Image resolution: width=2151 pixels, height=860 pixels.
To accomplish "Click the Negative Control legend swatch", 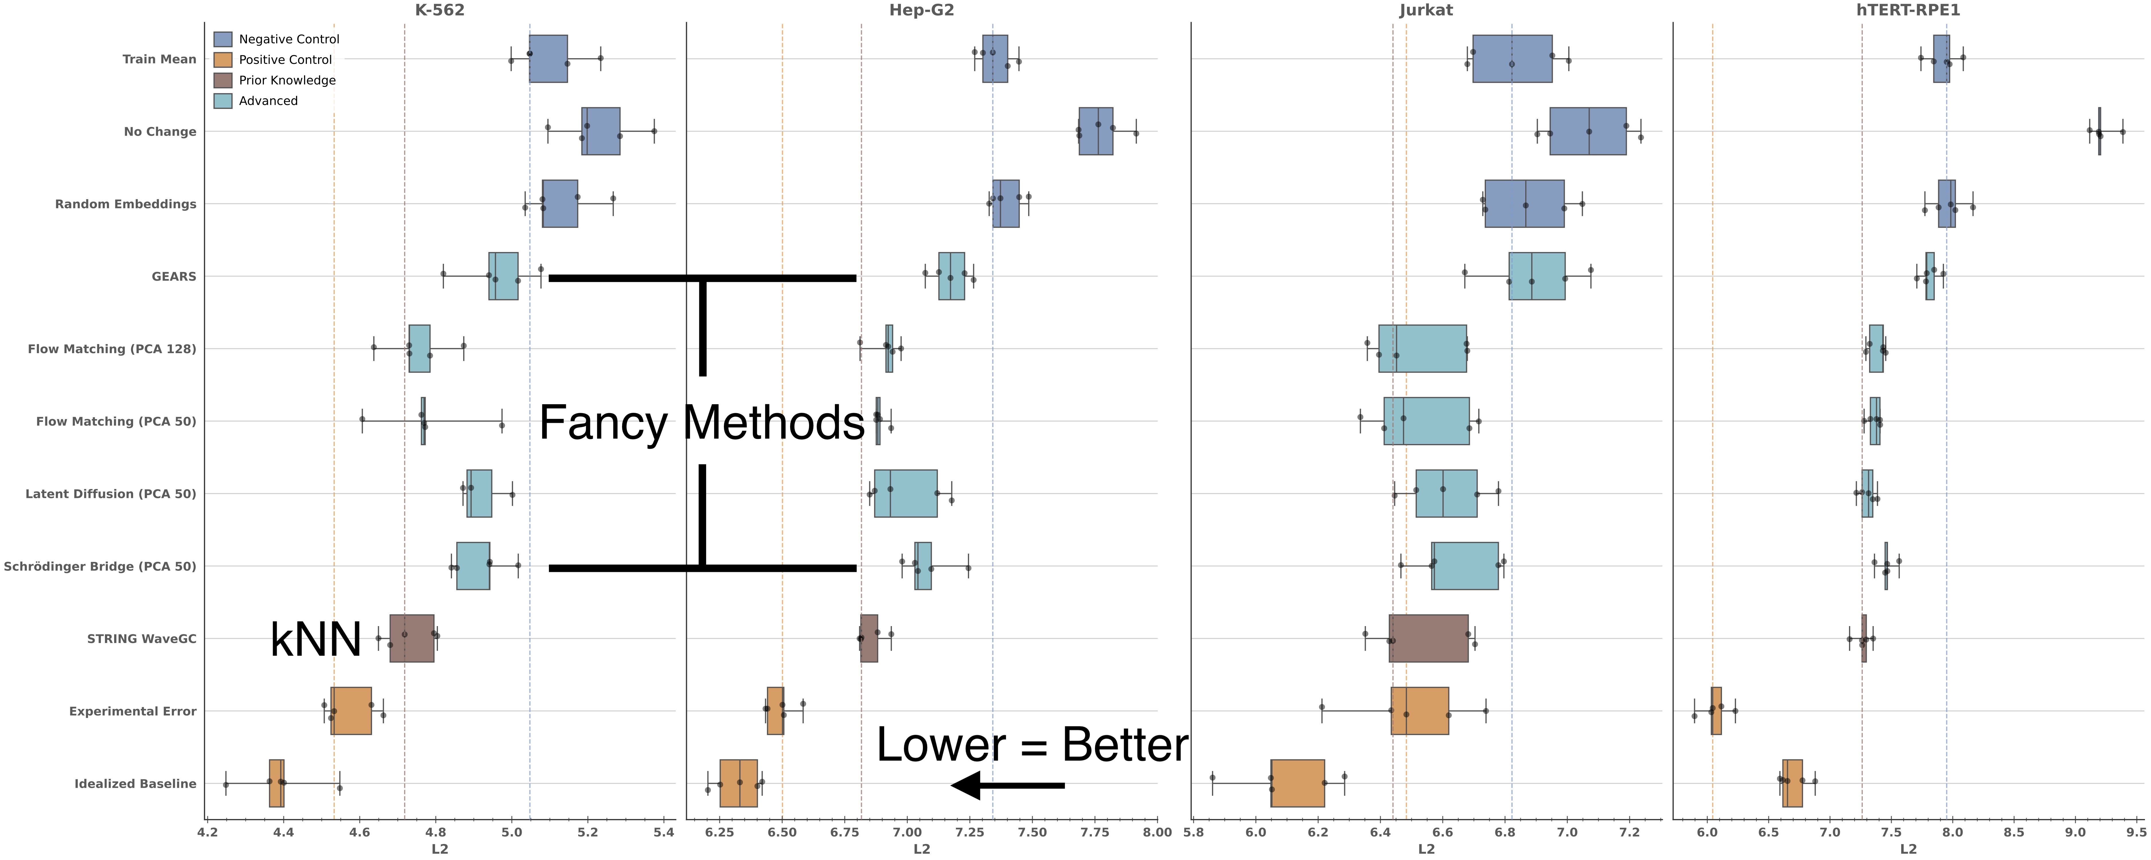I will pyautogui.click(x=222, y=39).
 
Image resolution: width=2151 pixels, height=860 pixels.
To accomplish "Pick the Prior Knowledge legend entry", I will pyautogui.click(x=287, y=80).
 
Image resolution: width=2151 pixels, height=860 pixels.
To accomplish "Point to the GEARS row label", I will pyautogui.click(x=174, y=276).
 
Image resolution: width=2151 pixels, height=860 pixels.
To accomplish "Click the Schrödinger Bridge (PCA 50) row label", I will pyautogui.click(x=100, y=566).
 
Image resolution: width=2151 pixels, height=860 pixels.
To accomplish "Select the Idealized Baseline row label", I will pyautogui.click(x=135, y=783).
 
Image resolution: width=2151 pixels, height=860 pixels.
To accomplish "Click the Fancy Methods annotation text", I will pyautogui.click(x=702, y=423).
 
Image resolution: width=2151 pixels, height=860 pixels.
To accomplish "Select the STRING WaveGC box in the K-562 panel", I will pyautogui.click(x=412, y=639).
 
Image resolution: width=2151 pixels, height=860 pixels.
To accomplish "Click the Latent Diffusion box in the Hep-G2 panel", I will pyautogui.click(x=905, y=493).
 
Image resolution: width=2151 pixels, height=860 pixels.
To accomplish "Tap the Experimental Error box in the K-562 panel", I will pyautogui.click(x=351, y=711).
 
